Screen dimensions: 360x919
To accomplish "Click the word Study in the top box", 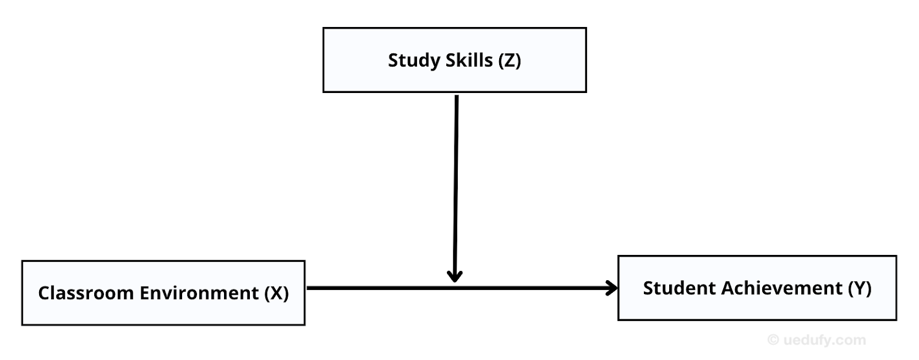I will point(411,60).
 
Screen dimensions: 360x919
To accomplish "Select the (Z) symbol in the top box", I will point(509,60).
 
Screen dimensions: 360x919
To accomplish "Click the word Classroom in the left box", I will point(86,293).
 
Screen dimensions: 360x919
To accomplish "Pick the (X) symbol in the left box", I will point(276,293).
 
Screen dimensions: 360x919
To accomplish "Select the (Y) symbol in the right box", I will point(860,288).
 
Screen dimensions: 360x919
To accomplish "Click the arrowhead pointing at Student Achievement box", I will point(612,288).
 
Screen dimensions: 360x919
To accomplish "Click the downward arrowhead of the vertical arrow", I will point(454,276).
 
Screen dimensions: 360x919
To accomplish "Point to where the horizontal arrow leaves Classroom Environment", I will point(309,288).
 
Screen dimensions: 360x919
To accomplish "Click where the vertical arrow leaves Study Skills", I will point(457,96).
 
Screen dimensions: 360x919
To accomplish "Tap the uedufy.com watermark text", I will point(824,340).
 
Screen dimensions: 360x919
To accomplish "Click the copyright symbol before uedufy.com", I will point(773,340).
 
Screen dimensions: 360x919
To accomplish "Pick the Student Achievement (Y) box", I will point(757,307).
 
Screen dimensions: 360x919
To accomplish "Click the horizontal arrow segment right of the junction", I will point(534,288).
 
